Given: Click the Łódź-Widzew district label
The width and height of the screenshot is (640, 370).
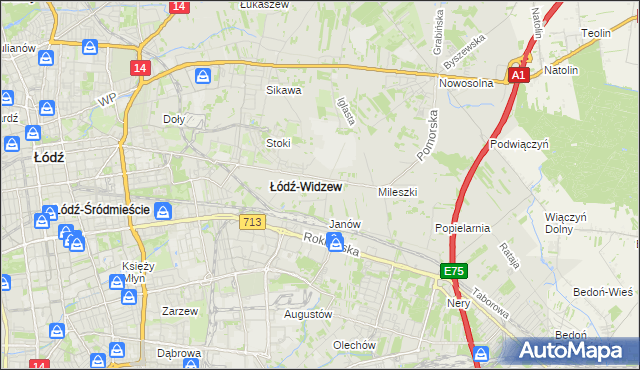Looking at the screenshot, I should (x=307, y=186).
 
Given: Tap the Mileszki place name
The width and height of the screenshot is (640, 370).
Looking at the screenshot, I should (x=397, y=191).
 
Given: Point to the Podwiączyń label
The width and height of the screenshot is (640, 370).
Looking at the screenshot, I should (x=520, y=144).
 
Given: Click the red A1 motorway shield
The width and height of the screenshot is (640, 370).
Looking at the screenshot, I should (x=517, y=75).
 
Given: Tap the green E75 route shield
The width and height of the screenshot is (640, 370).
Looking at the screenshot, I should (x=455, y=271).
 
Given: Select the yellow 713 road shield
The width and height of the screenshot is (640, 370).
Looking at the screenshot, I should (x=252, y=222).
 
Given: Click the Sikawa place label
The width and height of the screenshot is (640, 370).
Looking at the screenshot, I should (x=283, y=90).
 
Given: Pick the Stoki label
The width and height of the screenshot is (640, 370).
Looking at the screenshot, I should (x=278, y=142).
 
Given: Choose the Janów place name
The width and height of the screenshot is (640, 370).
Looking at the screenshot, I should (x=344, y=224).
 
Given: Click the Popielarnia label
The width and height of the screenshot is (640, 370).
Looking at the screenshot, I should (x=462, y=228).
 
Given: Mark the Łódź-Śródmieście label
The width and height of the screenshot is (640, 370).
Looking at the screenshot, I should (x=103, y=210).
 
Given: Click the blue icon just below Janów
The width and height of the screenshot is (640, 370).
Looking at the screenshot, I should (x=337, y=242).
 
